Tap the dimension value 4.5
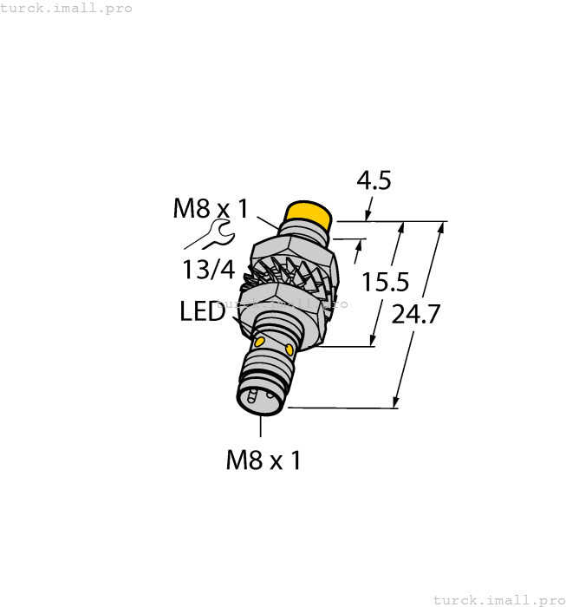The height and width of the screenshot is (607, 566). coord(374,180)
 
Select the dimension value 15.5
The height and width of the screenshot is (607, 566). coord(386,282)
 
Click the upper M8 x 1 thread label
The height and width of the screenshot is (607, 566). coord(211,208)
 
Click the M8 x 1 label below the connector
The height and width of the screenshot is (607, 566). coord(263,460)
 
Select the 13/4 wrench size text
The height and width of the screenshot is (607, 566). coord(209,270)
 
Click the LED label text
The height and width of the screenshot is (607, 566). coord(203,312)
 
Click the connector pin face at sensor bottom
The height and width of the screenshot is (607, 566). coord(257,398)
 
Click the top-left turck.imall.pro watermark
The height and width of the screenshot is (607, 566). coord(67,8)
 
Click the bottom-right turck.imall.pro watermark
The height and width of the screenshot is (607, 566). coord(498,599)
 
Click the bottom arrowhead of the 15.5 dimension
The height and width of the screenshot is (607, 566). coord(374,341)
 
